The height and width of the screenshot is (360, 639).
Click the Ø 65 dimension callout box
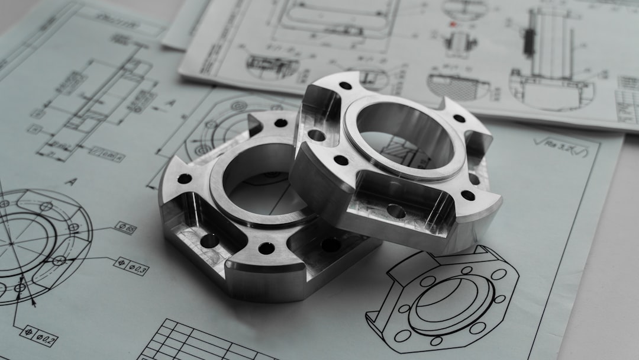(x=125, y=227)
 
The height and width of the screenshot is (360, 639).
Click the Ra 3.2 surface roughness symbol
(x=560, y=144)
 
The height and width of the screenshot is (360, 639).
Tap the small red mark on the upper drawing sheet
(x=453, y=25)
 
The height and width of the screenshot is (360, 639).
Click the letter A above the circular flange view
(x=70, y=182)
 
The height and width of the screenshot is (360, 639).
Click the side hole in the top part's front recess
(x=396, y=211)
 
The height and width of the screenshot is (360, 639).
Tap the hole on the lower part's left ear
(x=185, y=178)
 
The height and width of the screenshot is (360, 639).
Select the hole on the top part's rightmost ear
(x=468, y=195)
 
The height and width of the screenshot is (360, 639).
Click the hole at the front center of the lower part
(x=266, y=248)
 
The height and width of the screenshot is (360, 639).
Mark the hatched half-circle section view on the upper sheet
(x=458, y=86)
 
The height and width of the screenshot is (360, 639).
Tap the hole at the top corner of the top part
(x=346, y=86)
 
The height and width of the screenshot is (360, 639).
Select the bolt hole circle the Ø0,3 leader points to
(x=59, y=260)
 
